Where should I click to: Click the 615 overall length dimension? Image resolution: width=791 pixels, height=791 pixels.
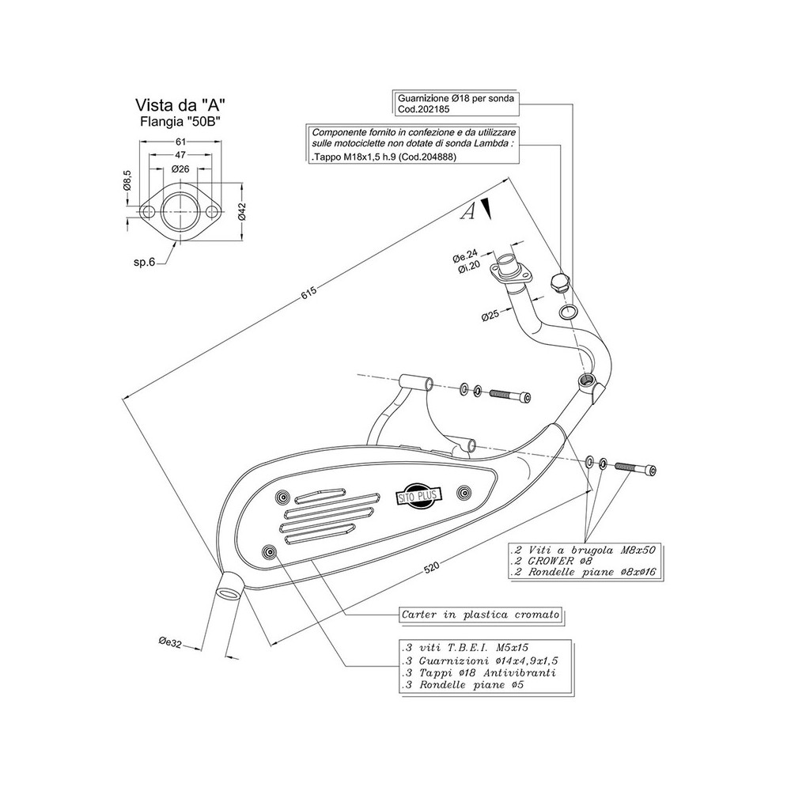tap(308, 292)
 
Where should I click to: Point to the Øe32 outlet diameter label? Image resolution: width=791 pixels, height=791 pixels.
tap(170, 643)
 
